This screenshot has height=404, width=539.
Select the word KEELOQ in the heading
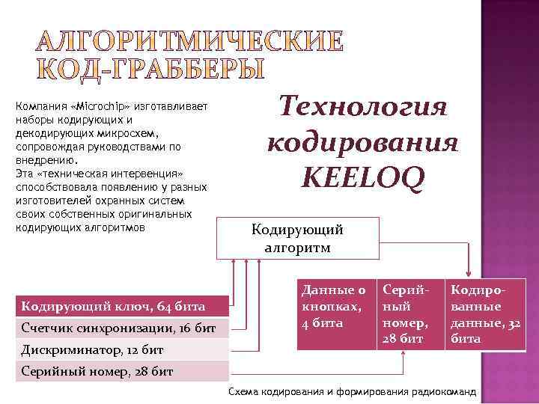(x=362, y=177)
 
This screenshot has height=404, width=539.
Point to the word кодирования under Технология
(x=363, y=142)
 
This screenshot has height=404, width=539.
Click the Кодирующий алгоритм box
(x=297, y=238)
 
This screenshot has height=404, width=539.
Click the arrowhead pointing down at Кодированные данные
(x=469, y=273)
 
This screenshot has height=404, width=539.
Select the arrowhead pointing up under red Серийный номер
(x=406, y=355)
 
